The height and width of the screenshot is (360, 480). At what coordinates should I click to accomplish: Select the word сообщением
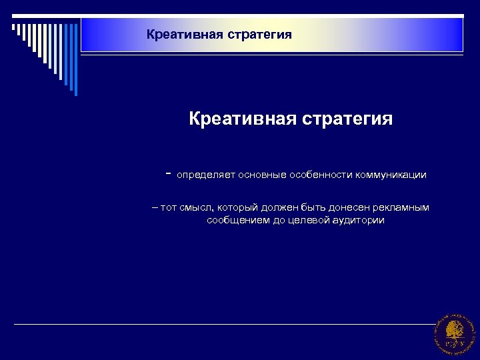pos(237,220)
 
